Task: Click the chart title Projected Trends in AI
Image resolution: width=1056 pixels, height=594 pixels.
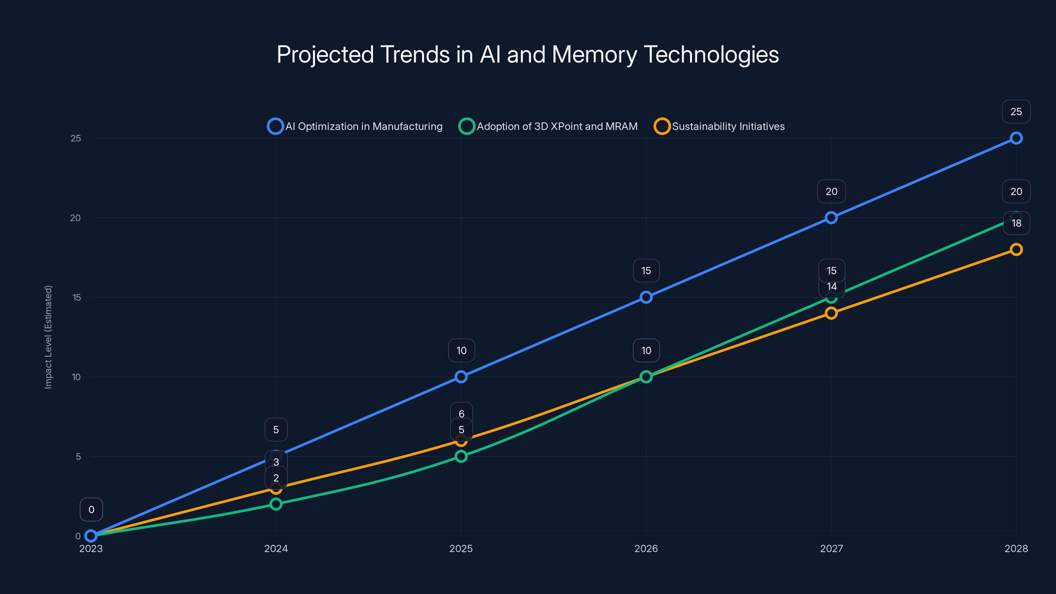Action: click(528, 54)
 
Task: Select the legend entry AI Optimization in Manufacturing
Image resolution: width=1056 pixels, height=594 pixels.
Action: click(355, 126)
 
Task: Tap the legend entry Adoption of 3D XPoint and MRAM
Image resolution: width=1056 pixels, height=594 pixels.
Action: click(548, 126)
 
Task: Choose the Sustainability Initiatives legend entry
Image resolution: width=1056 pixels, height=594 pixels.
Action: click(719, 126)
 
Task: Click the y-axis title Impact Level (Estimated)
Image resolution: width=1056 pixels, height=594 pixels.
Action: click(49, 337)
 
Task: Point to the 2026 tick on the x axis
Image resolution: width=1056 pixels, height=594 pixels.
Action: click(646, 548)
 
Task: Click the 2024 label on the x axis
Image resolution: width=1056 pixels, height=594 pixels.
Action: click(276, 548)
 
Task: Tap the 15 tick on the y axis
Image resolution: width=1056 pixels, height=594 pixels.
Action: click(77, 297)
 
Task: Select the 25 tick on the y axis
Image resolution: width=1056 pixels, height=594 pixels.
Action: click(76, 138)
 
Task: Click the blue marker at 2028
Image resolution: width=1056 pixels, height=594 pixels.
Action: click(1016, 138)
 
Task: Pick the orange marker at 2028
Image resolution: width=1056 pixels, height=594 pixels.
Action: click(1016, 249)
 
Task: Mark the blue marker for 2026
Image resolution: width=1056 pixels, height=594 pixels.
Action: click(646, 297)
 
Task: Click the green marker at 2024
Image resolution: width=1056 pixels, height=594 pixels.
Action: click(276, 504)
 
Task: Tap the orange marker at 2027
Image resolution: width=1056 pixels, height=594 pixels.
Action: click(831, 313)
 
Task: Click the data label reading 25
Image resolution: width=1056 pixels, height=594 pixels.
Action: click(1016, 112)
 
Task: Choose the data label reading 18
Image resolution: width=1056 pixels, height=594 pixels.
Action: click(1016, 223)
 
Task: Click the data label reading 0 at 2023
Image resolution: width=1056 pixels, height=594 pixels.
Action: click(91, 510)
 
